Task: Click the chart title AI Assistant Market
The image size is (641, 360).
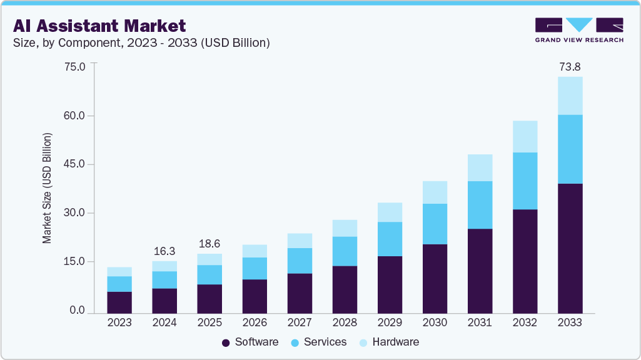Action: click(x=99, y=26)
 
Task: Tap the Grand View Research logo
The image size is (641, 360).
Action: click(x=578, y=29)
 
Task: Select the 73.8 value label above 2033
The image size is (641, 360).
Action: click(x=570, y=66)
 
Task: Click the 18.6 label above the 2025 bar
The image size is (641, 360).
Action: click(x=209, y=243)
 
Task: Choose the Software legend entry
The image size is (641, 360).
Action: click(x=250, y=342)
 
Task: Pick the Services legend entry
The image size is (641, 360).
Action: click(x=318, y=342)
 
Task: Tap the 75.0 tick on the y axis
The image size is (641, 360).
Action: click(x=74, y=67)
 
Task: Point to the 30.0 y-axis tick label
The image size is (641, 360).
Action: click(x=74, y=213)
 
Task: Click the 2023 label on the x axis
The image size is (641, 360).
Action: click(x=119, y=323)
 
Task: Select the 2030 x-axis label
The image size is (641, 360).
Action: click(x=435, y=323)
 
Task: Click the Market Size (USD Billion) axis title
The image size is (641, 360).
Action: click(x=47, y=188)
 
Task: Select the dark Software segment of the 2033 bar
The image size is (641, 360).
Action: click(x=570, y=248)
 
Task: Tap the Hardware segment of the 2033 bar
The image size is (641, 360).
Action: click(x=570, y=96)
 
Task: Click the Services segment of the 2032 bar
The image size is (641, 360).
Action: click(x=525, y=181)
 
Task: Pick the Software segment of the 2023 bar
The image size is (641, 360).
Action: click(x=119, y=302)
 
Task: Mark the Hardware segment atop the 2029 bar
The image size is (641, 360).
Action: click(x=390, y=212)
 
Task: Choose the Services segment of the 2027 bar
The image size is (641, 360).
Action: click(x=300, y=261)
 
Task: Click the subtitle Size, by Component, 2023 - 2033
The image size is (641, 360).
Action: click(x=141, y=43)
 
